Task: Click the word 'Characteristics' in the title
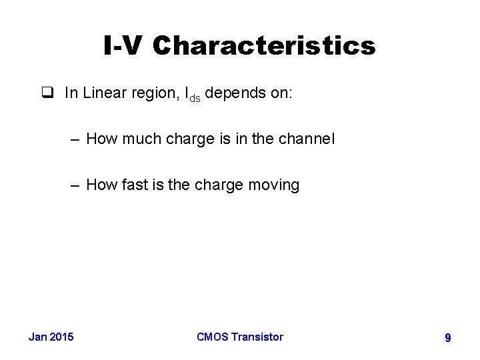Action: click(264, 46)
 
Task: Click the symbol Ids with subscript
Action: click(191, 95)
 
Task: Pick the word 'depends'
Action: click(233, 93)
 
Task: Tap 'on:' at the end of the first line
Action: click(279, 93)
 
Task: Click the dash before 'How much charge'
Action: click(75, 139)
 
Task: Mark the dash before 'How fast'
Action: click(75, 185)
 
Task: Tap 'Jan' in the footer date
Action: click(37, 337)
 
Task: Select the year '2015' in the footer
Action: click(62, 337)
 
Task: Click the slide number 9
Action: click(448, 338)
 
